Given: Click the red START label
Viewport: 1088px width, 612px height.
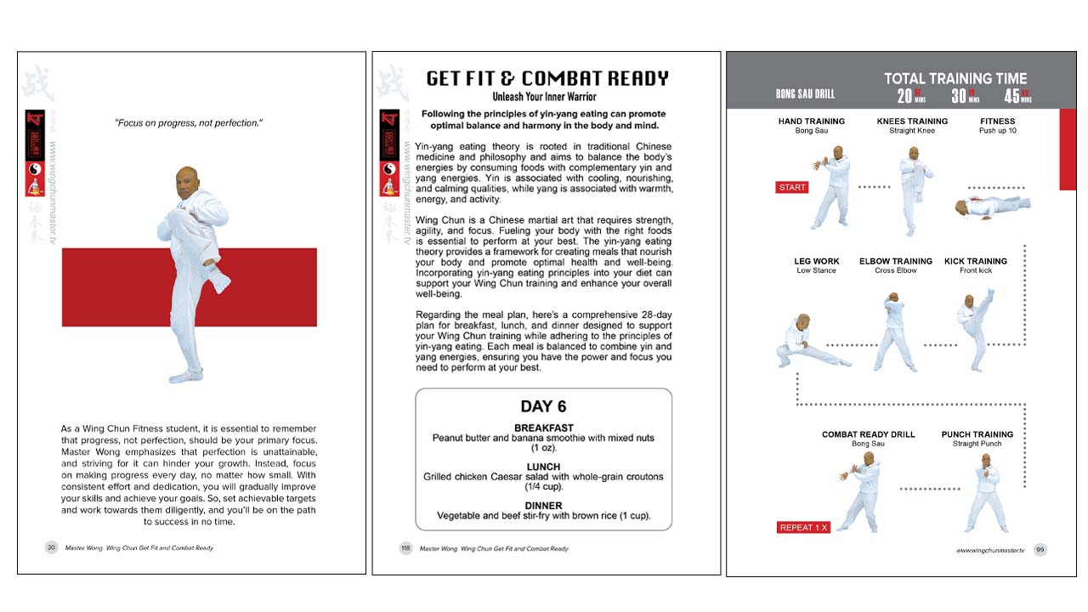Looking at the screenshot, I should (791, 188).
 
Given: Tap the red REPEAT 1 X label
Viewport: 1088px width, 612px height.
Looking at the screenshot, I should (802, 528).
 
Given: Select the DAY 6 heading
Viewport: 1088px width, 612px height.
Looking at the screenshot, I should (543, 406).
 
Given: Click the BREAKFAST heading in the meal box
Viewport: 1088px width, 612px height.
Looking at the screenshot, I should (543, 428).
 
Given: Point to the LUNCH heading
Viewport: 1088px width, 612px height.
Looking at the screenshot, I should (543, 467).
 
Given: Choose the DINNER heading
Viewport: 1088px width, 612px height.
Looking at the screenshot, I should (543, 506).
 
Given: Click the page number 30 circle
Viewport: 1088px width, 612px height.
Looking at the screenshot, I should (51, 548).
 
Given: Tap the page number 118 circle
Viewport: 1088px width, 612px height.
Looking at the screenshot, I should (405, 548).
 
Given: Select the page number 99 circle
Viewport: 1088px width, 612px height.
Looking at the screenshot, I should (1040, 550).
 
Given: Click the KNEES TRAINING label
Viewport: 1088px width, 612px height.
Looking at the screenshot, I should (912, 122).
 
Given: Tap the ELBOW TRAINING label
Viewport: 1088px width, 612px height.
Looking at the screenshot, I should (895, 261).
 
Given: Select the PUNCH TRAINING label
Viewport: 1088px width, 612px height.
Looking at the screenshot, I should (977, 434).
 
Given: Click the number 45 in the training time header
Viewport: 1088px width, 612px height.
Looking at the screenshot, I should (1012, 96).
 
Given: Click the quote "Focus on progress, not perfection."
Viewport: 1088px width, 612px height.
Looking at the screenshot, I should (189, 123).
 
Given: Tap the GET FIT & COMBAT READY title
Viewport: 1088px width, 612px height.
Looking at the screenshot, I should (547, 78).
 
